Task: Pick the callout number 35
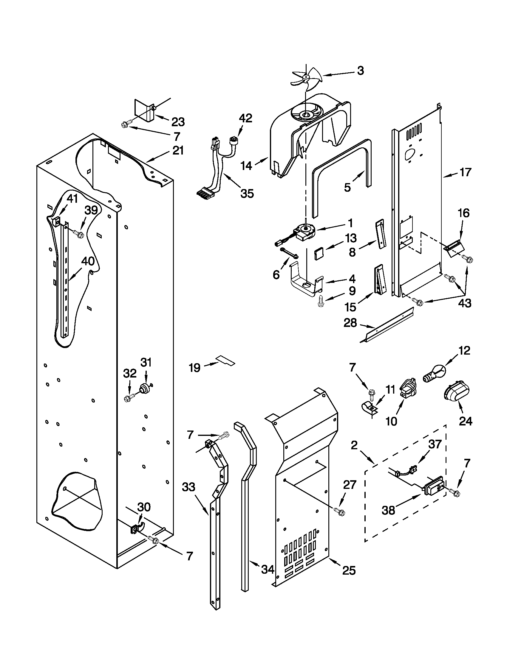(x=247, y=193)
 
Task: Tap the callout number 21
(x=178, y=151)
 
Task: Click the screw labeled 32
(x=128, y=398)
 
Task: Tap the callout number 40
(x=88, y=261)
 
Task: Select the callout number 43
(x=464, y=303)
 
